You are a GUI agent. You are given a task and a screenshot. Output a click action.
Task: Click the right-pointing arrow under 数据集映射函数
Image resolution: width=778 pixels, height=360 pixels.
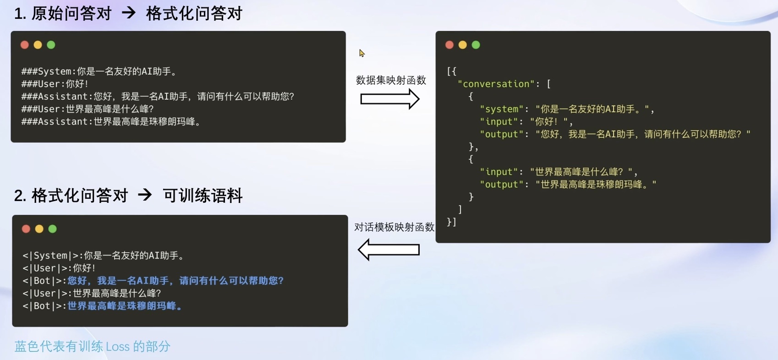389,99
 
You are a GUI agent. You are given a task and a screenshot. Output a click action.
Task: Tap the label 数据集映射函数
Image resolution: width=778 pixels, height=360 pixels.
391,81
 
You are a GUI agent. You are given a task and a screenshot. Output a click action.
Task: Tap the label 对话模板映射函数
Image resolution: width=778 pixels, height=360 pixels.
394,227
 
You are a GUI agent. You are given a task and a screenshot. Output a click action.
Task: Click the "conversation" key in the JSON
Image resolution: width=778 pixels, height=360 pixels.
496,84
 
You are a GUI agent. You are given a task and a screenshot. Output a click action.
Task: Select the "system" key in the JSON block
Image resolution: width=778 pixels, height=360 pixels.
501,109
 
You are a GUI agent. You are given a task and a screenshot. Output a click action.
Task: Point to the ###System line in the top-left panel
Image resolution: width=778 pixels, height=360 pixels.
99,71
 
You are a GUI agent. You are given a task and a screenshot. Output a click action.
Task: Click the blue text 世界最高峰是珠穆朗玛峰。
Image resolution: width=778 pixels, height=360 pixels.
125,306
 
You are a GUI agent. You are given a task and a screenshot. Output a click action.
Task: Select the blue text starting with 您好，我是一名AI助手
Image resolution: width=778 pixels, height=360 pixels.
175,281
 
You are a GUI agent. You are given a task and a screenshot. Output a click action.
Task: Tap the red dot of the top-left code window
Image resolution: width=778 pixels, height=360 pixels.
25,45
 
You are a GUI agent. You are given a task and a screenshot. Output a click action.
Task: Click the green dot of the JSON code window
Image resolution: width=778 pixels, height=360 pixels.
476,45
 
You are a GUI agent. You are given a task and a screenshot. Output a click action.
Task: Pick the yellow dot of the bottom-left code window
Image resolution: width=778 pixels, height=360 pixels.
39,229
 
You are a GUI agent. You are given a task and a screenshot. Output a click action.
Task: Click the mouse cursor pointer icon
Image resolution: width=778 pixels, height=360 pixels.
362,53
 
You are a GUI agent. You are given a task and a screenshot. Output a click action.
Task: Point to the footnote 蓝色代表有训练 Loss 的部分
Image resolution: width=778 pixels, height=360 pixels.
92,346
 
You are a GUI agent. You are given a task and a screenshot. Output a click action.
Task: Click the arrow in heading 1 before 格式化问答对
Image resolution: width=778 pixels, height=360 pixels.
129,13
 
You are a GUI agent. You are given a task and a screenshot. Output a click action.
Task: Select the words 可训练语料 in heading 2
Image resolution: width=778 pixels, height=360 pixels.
203,196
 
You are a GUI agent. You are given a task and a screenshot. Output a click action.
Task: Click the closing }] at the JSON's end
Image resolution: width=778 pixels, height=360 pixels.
451,222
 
